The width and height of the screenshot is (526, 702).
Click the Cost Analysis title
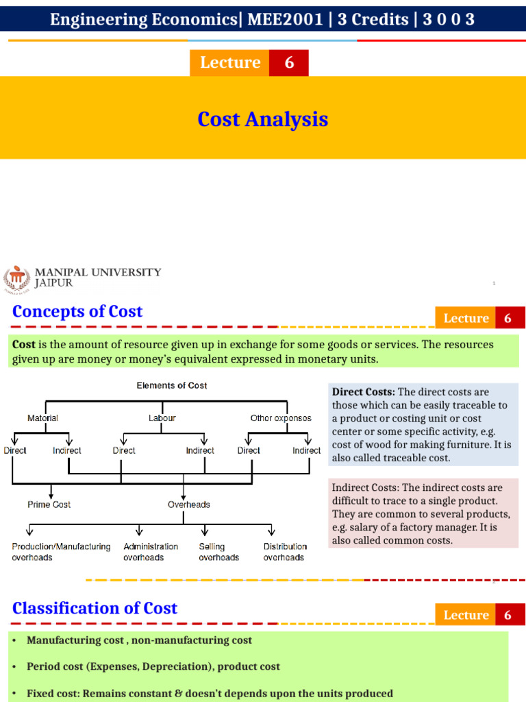coord(262,119)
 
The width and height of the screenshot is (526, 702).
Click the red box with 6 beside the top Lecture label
coord(289,62)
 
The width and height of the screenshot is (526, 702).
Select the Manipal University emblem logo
coord(18,279)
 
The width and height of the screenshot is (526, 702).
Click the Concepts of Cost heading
coord(77,311)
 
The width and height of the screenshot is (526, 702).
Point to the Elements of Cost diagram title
coord(172,385)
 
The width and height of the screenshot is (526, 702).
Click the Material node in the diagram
coord(42,417)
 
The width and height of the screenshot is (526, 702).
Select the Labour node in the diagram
coord(162,417)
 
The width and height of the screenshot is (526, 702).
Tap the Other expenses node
coord(281,417)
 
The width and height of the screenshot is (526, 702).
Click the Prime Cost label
coord(49,505)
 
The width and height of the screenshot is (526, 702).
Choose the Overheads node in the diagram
coord(188,505)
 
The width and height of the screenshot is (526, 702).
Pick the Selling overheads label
coord(218,552)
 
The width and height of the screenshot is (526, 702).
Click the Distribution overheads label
coord(285,552)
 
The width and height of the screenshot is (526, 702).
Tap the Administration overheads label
coord(151,552)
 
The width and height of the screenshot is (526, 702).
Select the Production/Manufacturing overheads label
coord(61,552)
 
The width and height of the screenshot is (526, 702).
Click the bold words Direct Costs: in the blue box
coord(363,392)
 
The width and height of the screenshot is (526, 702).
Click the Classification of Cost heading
coord(95,608)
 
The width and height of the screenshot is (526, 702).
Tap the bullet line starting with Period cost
coord(153,666)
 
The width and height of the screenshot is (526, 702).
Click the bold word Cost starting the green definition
coord(23,344)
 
